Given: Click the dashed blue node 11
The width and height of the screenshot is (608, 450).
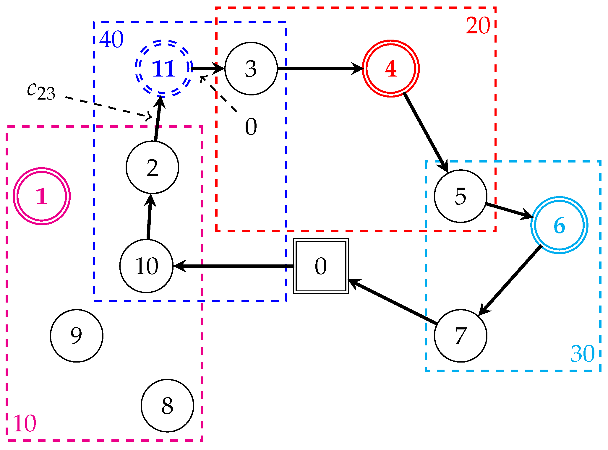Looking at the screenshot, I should (163, 69).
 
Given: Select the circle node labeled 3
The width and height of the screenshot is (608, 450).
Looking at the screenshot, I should (251, 69).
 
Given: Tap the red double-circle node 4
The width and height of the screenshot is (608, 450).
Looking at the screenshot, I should (390, 69).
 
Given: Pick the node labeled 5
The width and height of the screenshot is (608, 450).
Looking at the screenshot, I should (460, 196).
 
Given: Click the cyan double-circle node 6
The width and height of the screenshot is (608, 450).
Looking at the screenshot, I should (559, 225).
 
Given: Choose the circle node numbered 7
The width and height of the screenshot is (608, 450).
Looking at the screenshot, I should (460, 336).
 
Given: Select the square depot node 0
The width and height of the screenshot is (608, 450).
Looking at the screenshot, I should (321, 266).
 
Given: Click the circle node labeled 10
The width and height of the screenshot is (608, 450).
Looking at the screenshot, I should (146, 266).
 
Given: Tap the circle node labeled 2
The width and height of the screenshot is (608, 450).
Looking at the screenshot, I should (152, 168).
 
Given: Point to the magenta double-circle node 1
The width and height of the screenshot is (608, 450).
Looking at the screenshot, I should (42, 196).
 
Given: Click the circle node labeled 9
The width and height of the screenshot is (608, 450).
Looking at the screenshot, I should (77, 336).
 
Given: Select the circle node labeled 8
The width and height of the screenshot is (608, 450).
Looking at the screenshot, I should (167, 405).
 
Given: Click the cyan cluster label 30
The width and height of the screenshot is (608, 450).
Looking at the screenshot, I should (582, 353).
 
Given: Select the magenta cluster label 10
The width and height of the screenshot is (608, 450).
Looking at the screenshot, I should (25, 423).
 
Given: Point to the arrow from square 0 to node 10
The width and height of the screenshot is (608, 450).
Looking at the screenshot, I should (234, 266).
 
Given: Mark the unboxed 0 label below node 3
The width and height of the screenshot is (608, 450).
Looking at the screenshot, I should (251, 126).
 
